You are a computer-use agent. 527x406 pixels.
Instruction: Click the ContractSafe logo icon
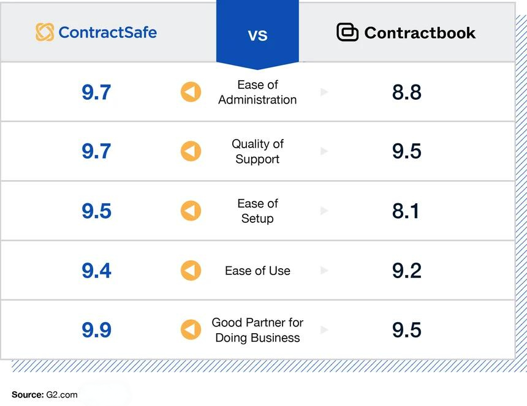click(x=45, y=32)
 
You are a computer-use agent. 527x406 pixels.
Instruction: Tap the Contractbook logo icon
click(x=347, y=32)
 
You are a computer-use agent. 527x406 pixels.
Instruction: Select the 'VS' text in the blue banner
click(x=257, y=35)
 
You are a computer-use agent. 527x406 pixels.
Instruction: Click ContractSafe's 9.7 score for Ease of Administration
click(x=96, y=92)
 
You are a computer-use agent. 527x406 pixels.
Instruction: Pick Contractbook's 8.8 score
click(x=407, y=92)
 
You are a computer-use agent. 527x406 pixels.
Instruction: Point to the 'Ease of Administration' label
click(x=257, y=92)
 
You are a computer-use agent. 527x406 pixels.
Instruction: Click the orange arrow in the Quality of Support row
click(x=191, y=151)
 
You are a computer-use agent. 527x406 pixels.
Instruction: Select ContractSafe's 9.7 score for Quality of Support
click(x=96, y=151)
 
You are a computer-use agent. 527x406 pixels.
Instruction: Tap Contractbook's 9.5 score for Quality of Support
click(x=407, y=151)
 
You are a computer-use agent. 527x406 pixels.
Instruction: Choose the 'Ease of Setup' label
click(x=257, y=211)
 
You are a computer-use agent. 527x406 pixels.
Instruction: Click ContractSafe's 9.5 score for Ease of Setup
click(x=96, y=211)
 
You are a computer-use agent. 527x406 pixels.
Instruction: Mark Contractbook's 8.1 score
click(x=407, y=211)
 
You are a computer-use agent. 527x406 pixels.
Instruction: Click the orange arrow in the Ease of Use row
click(x=191, y=271)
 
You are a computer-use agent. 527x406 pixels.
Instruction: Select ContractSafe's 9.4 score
click(x=96, y=271)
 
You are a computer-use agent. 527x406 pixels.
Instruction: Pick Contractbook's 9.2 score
click(x=407, y=271)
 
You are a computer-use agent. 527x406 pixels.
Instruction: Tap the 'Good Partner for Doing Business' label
click(x=257, y=330)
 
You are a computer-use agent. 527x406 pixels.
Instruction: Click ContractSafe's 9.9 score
click(x=96, y=330)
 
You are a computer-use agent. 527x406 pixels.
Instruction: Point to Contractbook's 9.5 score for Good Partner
click(x=407, y=330)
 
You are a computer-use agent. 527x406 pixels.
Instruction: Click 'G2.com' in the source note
click(x=62, y=394)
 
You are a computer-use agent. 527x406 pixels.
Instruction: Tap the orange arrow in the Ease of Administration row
click(x=191, y=92)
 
